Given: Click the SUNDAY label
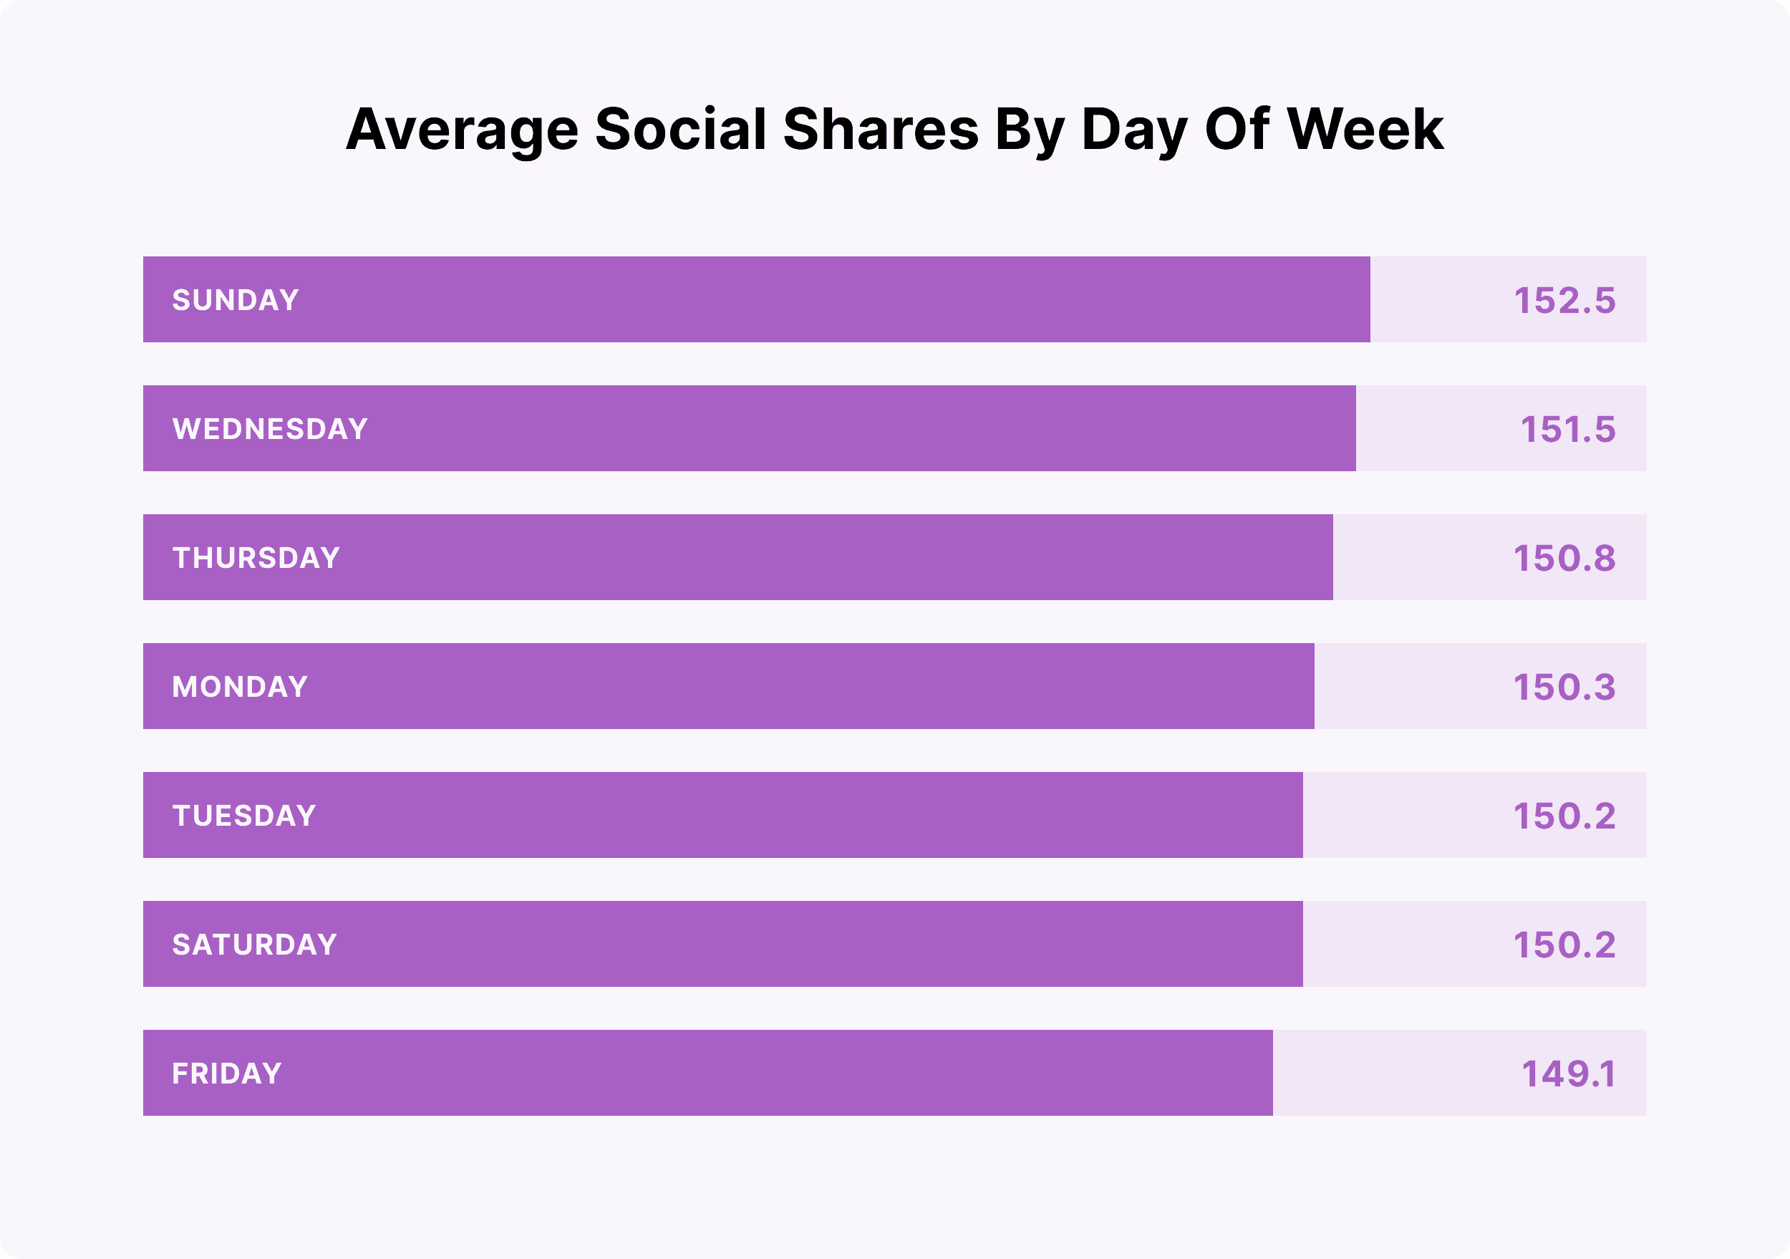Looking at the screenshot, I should click(236, 300).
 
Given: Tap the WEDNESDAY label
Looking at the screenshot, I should click(270, 429).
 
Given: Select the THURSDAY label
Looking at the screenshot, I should click(256, 558).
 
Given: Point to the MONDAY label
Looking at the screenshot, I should click(240, 687).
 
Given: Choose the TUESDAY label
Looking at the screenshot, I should click(244, 816).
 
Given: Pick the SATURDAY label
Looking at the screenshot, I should click(254, 945).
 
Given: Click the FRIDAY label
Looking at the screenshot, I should click(227, 1074).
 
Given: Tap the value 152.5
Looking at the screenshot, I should click(1564, 300).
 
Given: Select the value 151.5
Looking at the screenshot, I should click(1567, 429).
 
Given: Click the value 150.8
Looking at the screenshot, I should click(1564, 558).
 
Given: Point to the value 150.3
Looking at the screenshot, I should click(1564, 687).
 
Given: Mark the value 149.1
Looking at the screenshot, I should click(1568, 1074).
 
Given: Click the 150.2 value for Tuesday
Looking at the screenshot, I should click(1564, 816).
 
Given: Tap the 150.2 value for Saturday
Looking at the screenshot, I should click(1564, 945).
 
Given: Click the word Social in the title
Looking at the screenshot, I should click(681, 129).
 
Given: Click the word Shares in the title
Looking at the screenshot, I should click(880, 129).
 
